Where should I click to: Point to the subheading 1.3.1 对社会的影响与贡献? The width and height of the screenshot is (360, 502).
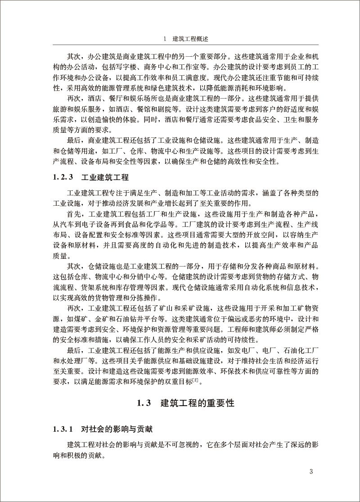(90, 430)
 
